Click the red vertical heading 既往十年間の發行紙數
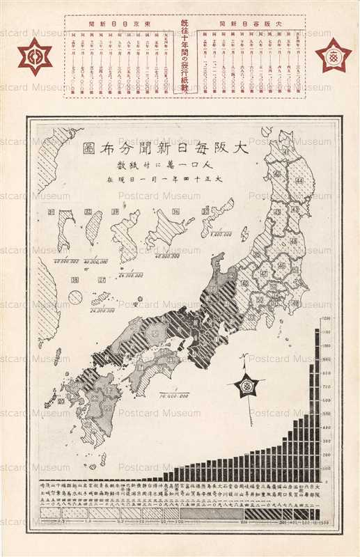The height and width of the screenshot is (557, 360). pos(185,56)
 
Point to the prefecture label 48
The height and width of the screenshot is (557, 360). pos(292,241)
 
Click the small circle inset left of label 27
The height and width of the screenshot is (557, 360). pos(75,297)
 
